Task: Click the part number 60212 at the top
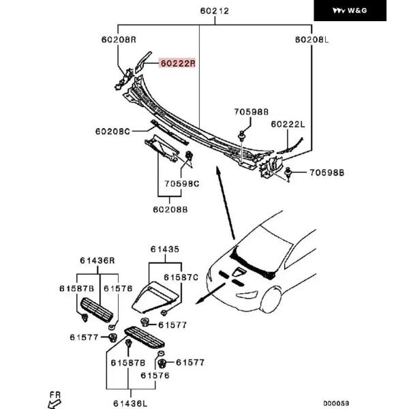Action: (x=215, y=11)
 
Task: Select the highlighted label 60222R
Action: (x=177, y=63)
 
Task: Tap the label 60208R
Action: (x=119, y=40)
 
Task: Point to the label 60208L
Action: (x=312, y=40)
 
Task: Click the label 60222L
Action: (x=288, y=124)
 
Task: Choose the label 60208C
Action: (x=112, y=132)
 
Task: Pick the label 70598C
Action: (x=182, y=184)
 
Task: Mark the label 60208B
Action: (x=170, y=210)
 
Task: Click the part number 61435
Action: (x=165, y=249)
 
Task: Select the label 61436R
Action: (x=97, y=260)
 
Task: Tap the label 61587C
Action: (x=181, y=277)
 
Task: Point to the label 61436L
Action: (x=130, y=404)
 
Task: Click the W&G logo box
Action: (x=350, y=10)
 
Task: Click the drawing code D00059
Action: (x=336, y=404)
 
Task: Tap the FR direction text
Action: (x=55, y=395)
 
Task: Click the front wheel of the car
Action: (x=271, y=300)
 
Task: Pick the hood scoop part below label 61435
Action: (x=155, y=297)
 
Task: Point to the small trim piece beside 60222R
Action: (x=142, y=62)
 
